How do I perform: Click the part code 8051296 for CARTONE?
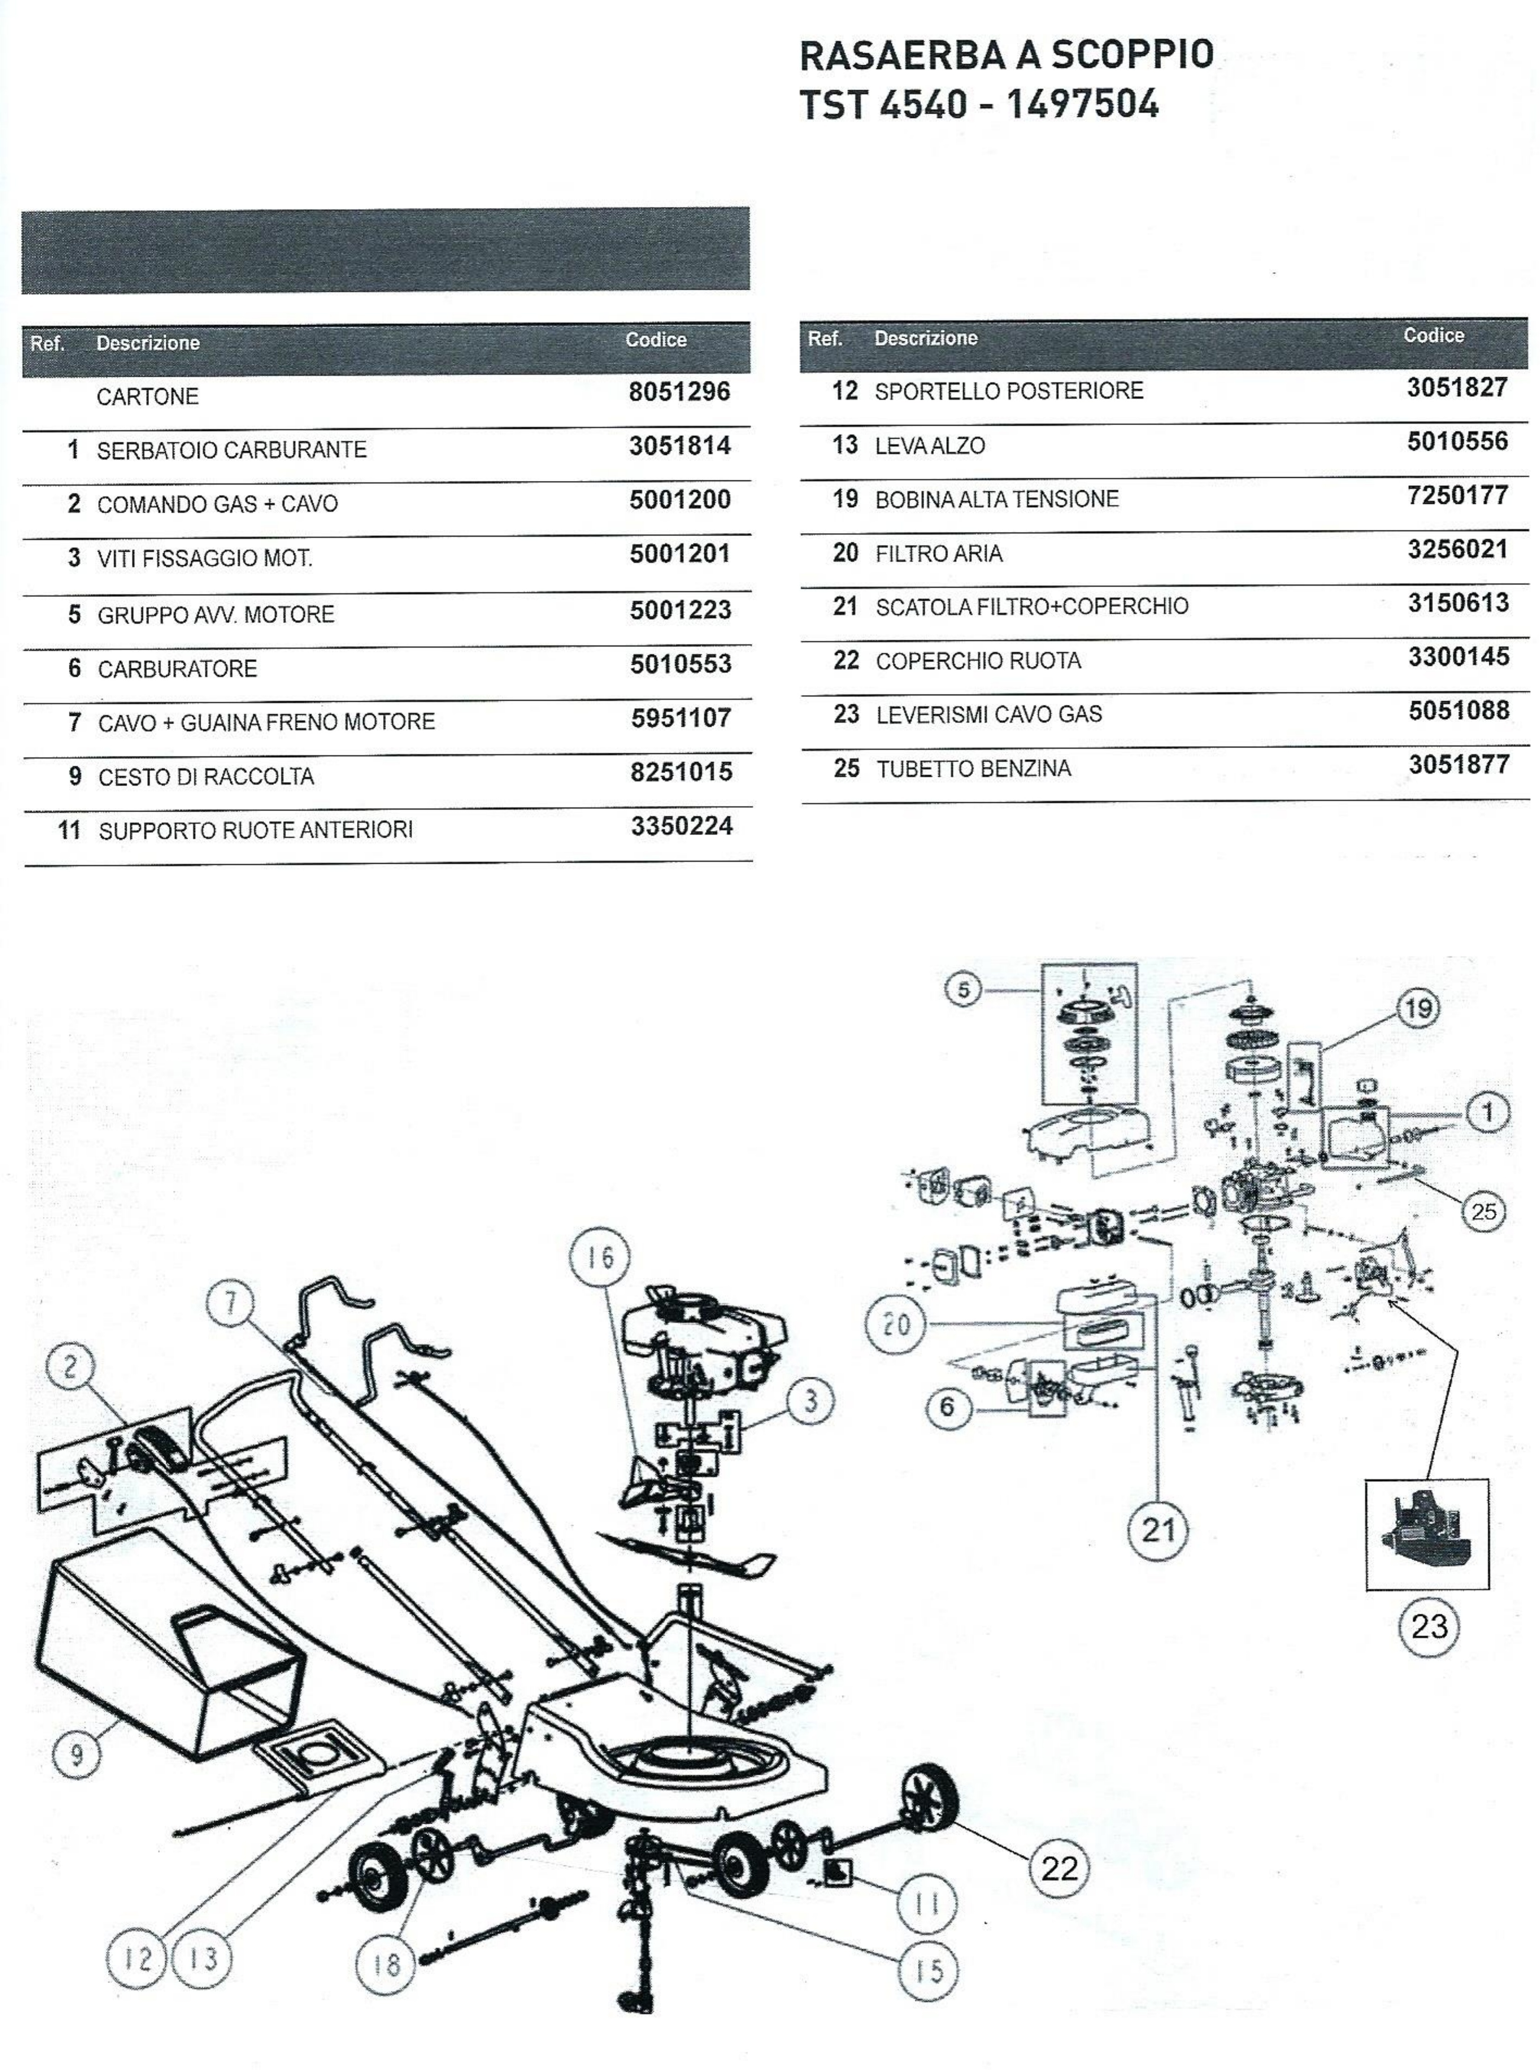tap(679, 392)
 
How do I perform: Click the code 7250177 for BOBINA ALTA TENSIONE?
tap(1457, 495)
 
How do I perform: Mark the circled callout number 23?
tap(1429, 1627)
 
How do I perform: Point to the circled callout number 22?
tap(1058, 1868)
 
